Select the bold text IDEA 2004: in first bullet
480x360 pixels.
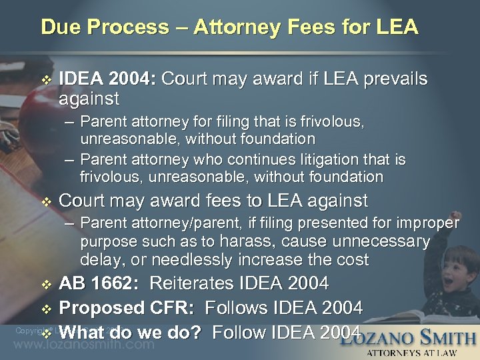(x=107, y=79)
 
